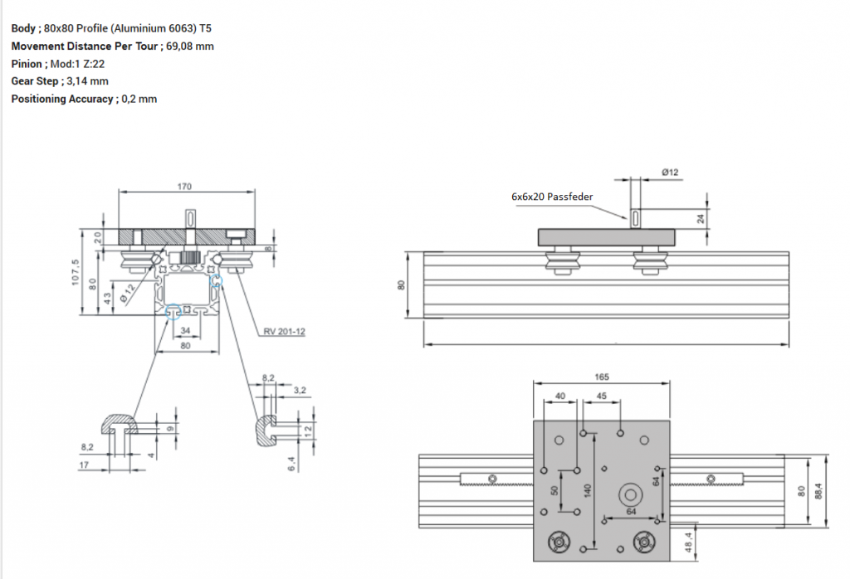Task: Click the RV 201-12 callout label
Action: coord(285,331)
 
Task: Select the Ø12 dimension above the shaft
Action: coord(670,172)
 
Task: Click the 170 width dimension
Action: coord(184,187)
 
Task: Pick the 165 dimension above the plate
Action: coord(602,377)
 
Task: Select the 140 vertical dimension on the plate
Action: coord(587,489)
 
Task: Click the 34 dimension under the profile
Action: coord(186,330)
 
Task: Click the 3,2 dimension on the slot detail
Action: coord(300,389)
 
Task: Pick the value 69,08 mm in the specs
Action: coord(190,46)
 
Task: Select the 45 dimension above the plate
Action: coord(602,397)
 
